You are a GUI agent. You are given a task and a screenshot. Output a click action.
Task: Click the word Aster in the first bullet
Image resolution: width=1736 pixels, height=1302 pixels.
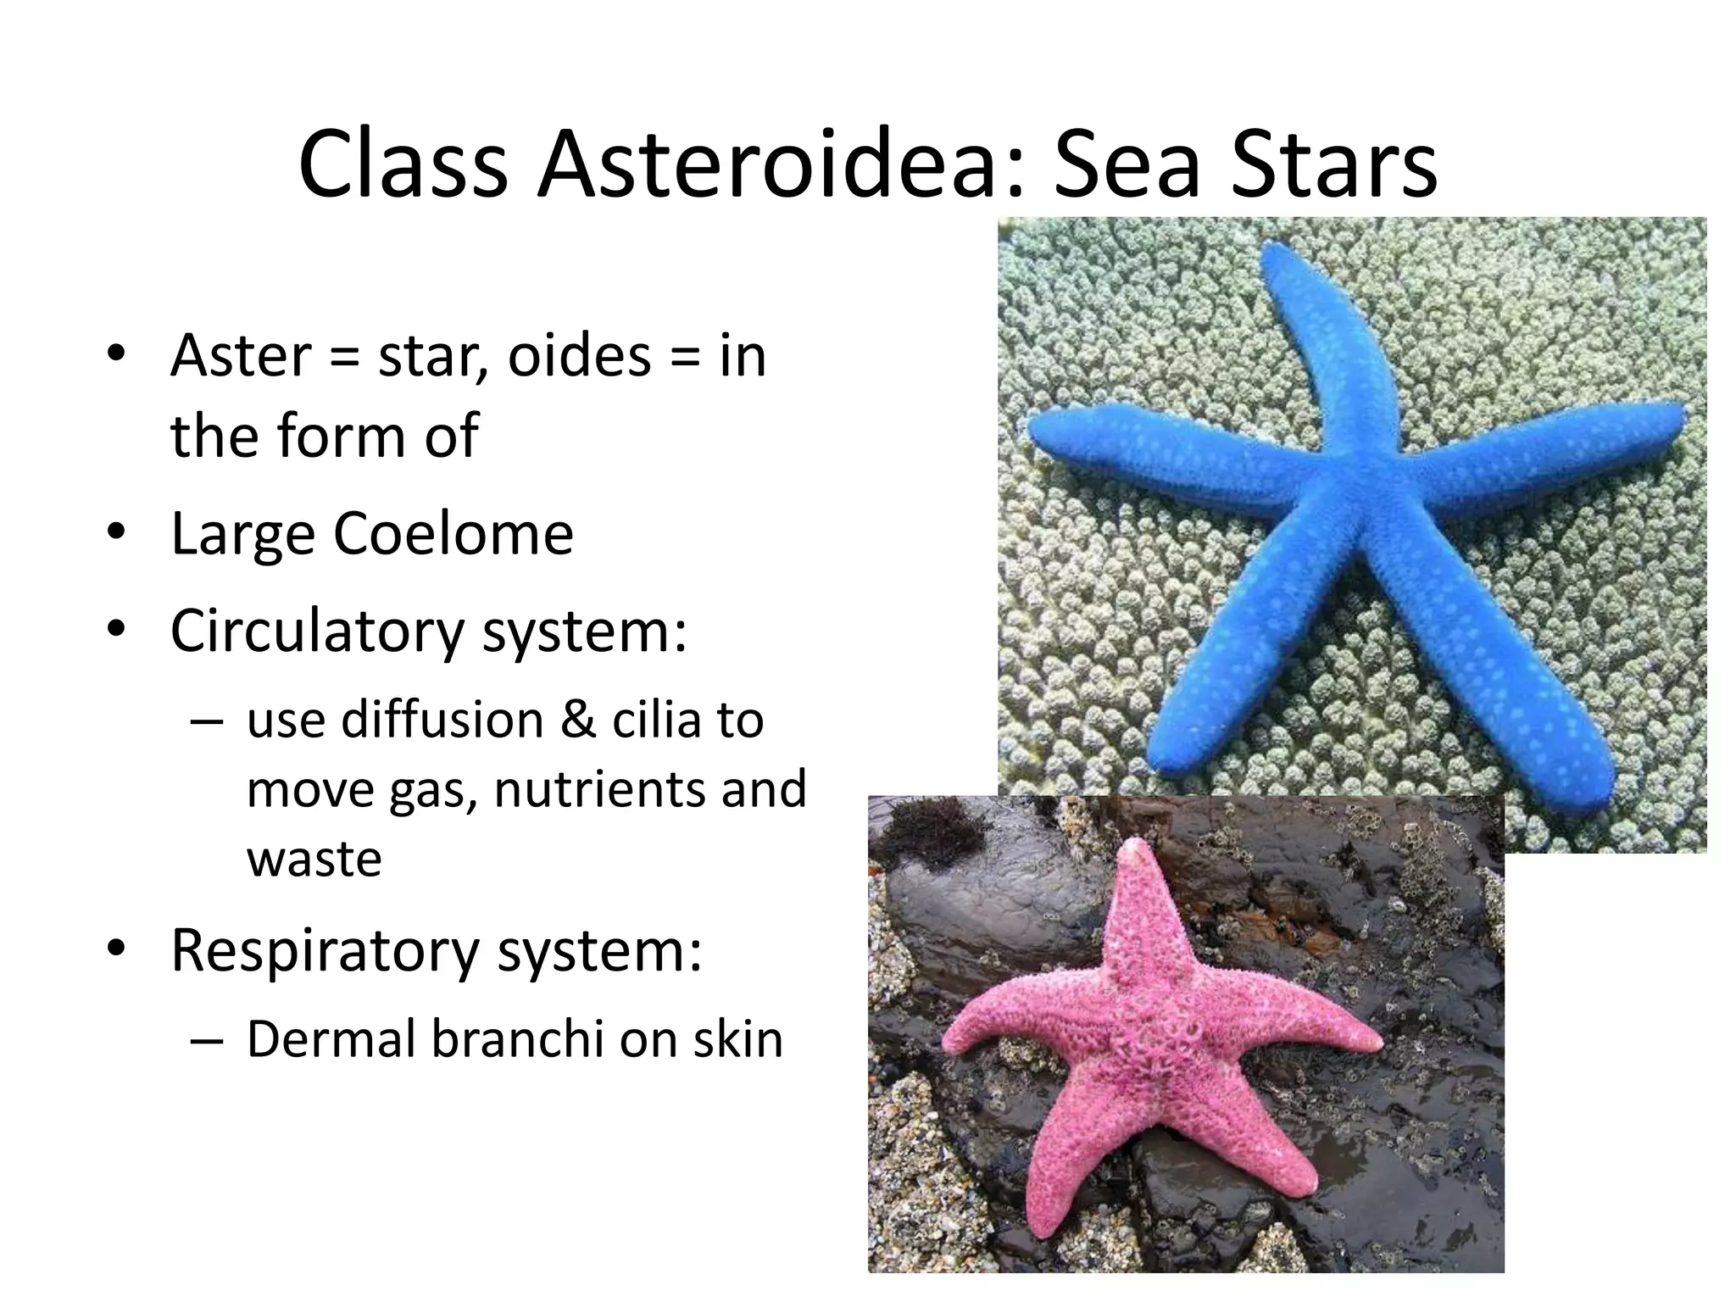(x=241, y=355)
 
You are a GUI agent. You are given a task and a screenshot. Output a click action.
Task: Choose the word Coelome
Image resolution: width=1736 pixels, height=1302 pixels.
(x=453, y=533)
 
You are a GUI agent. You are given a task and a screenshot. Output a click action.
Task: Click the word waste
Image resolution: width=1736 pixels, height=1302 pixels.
(x=314, y=859)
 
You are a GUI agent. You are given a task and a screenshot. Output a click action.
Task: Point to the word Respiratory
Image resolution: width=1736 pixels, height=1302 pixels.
(x=325, y=950)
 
